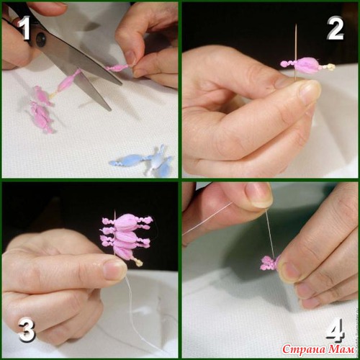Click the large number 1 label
click(24, 28)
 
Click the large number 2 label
click(336, 28)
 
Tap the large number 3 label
click(27, 330)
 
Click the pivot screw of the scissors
click(41, 37)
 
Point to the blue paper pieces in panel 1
click(142, 161)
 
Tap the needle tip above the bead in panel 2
click(296, 24)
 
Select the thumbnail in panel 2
click(309, 92)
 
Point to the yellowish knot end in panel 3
click(139, 263)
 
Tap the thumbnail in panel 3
click(115, 271)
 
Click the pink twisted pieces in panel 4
click(269, 263)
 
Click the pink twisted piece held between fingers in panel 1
click(118, 68)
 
